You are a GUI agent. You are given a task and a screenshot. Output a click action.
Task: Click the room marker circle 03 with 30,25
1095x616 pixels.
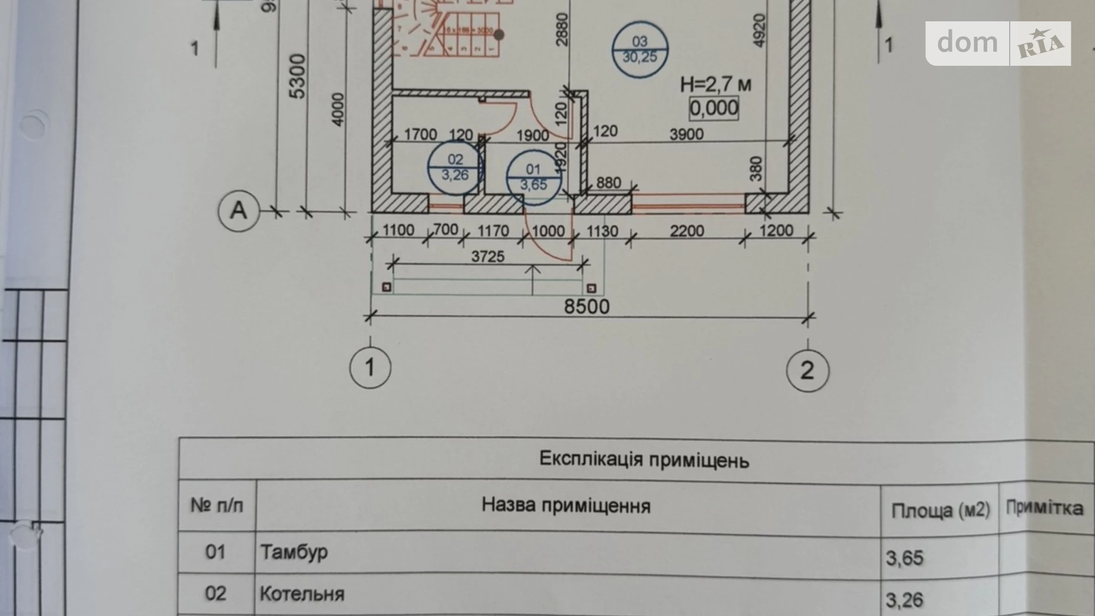[x=640, y=50]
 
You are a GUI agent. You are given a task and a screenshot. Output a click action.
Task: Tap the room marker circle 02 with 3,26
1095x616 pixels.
[x=455, y=168]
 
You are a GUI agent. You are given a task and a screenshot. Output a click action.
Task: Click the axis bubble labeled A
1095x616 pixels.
[x=239, y=210]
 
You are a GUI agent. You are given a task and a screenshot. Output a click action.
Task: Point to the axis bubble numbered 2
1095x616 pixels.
[x=807, y=371]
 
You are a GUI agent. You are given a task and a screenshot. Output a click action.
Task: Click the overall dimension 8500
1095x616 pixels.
[x=586, y=306]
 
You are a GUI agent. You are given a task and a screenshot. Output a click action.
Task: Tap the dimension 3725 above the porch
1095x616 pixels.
[x=488, y=256]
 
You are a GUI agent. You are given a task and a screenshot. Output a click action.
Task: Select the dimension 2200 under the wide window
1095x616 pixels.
[x=687, y=230]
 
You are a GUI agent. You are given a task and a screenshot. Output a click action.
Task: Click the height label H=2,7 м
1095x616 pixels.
[x=716, y=85]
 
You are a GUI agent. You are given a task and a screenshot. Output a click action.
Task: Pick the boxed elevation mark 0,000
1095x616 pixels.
[x=714, y=108]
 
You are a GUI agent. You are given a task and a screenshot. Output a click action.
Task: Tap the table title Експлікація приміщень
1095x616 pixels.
[x=644, y=460]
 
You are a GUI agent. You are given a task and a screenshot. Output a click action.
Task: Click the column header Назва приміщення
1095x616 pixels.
[x=566, y=505]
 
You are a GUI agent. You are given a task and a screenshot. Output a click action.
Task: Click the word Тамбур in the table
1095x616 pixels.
[x=294, y=552]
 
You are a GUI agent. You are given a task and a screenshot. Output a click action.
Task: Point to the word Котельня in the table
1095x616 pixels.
[x=302, y=593]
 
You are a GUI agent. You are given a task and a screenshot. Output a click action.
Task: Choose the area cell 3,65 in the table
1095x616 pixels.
[x=904, y=557]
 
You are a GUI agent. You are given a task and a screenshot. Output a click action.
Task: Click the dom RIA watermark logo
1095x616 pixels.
[x=999, y=43]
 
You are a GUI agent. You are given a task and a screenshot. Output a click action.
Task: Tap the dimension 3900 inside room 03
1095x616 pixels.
[x=687, y=134]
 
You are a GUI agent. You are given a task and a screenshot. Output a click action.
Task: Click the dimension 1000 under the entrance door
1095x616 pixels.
[x=548, y=230]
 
